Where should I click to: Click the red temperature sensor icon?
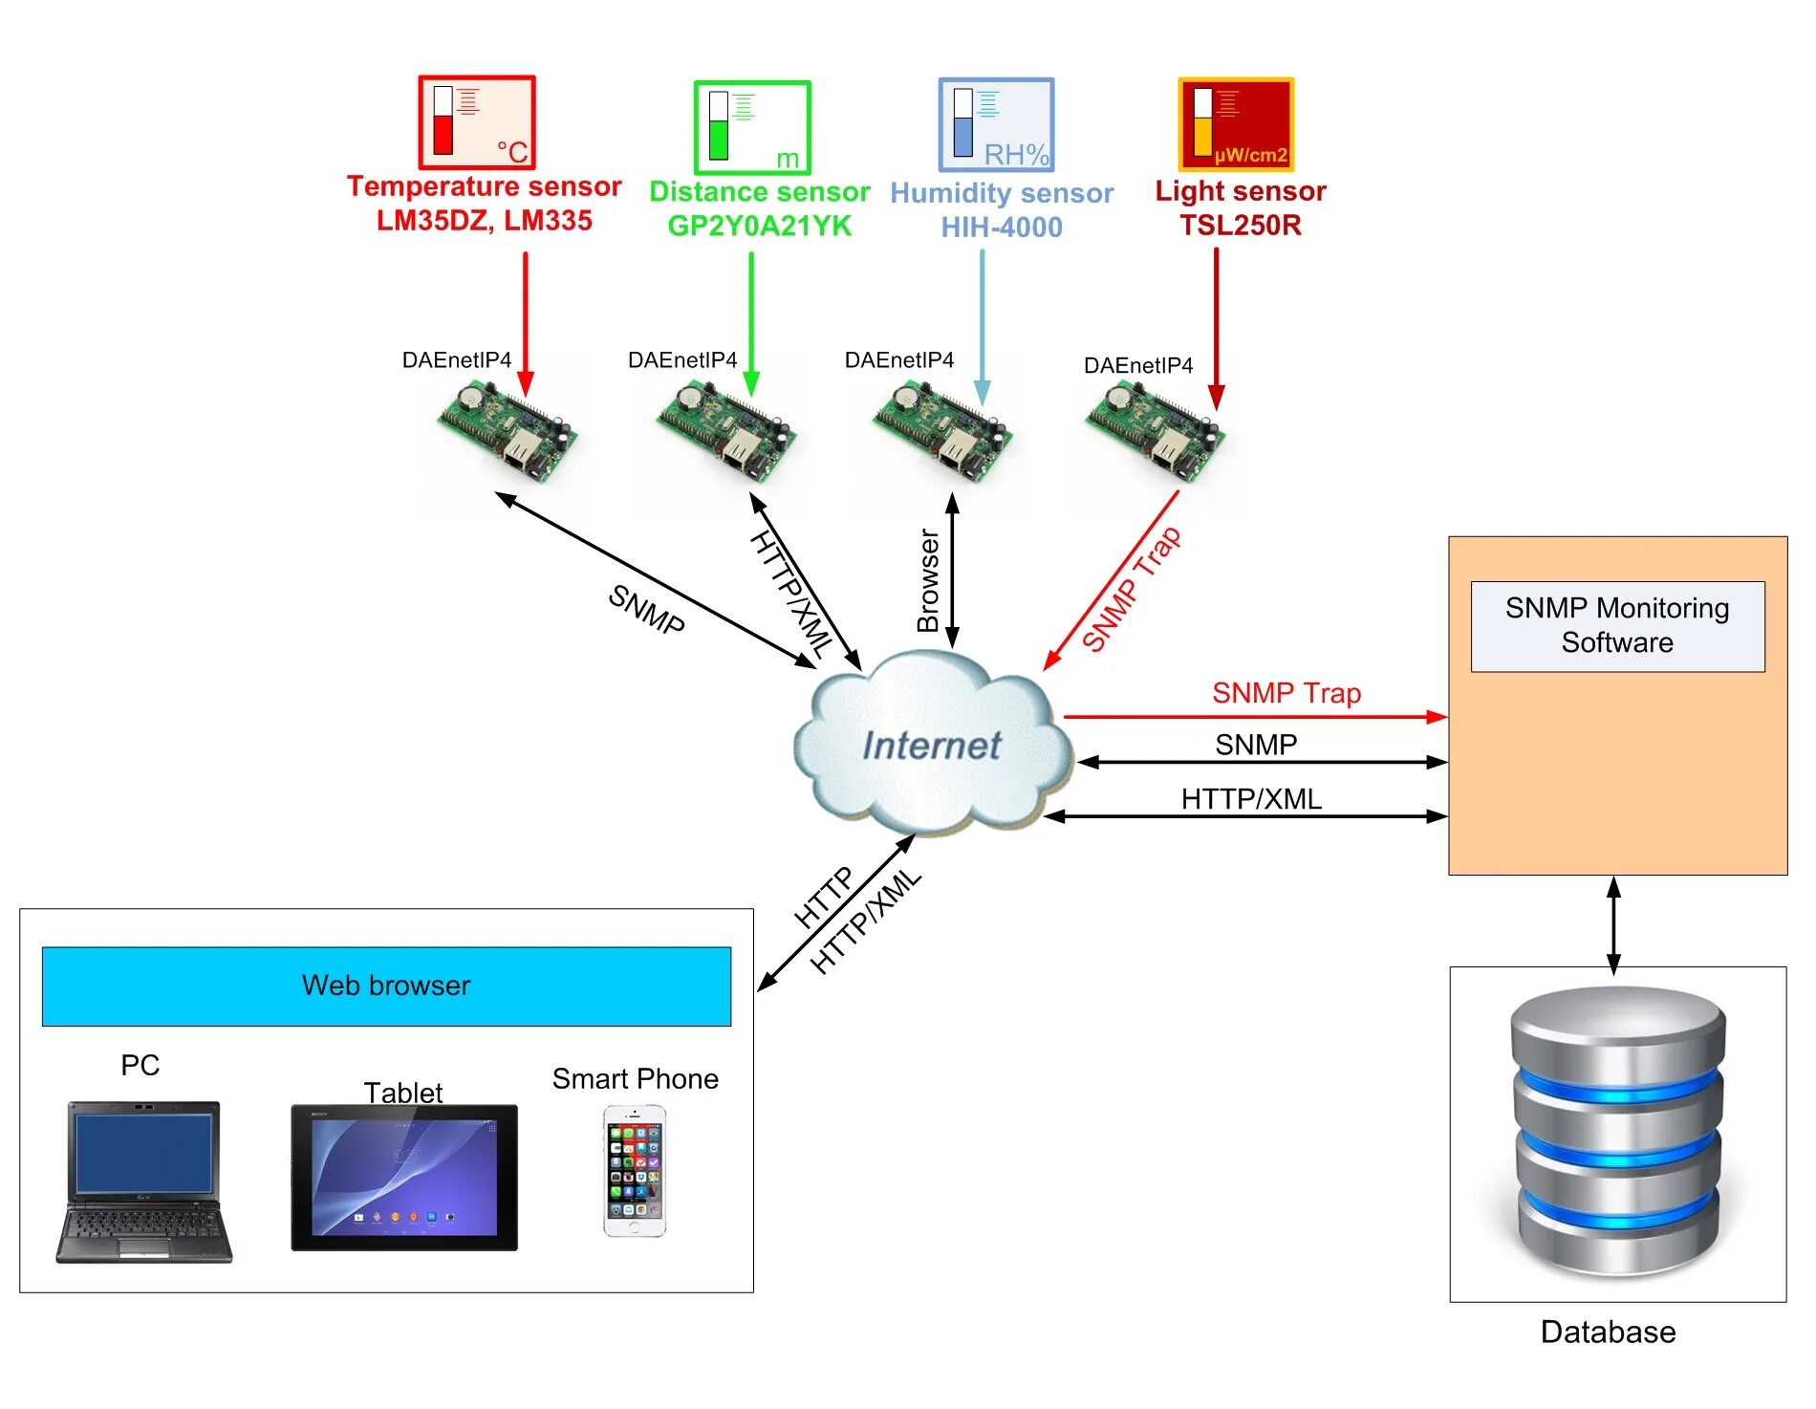pyautogui.click(x=477, y=122)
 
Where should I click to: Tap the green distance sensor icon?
pyautogui.click(x=752, y=127)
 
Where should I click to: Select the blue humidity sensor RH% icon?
pyautogui.click(x=996, y=125)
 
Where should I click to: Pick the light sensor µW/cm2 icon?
pyautogui.click(x=1236, y=124)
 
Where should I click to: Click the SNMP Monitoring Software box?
pyautogui.click(x=1617, y=626)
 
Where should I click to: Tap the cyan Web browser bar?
pyautogui.click(x=386, y=986)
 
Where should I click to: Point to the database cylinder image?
pyautogui.click(x=1617, y=1133)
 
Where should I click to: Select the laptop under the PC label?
pyautogui.click(x=143, y=1182)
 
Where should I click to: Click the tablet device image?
pyautogui.click(x=404, y=1178)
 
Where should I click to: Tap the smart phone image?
pyautogui.click(x=635, y=1171)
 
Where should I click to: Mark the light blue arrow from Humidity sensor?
pyautogui.click(x=982, y=325)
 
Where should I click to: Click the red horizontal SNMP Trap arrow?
pyautogui.click(x=1255, y=716)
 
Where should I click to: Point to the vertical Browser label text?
pyautogui.click(x=928, y=580)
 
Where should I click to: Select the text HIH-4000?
pyautogui.click(x=1002, y=228)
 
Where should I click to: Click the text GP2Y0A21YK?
pyautogui.click(x=759, y=226)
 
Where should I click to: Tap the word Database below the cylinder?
pyautogui.click(x=1608, y=1332)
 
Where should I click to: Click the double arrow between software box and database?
pyautogui.click(x=1613, y=924)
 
